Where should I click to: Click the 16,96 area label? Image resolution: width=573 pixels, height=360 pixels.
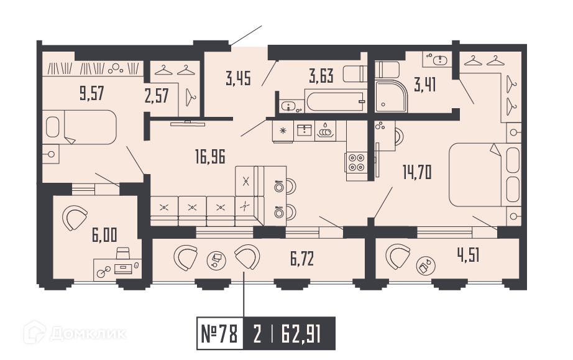tap(210, 157)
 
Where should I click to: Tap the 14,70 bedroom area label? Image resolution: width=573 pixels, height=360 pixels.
tap(417, 172)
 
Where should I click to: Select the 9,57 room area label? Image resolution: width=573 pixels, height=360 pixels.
tap(92, 93)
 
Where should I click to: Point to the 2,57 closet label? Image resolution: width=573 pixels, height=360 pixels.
tap(157, 96)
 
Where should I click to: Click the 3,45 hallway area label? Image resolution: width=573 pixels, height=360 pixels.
tap(238, 78)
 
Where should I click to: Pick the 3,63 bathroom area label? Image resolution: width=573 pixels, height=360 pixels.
tap(321, 76)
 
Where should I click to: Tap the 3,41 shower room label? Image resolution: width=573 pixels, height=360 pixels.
tap(425, 85)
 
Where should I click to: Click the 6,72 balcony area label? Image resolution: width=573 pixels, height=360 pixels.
tap(302, 259)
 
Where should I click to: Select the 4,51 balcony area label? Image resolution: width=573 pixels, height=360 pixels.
tap(468, 255)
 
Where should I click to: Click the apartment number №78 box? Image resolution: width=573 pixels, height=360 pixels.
tap(220, 333)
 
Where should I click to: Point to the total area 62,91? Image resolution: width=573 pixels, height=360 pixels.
tap(301, 334)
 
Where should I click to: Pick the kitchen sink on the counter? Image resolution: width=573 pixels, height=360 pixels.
tap(304, 131)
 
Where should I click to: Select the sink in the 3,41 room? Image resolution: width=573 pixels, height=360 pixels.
tap(441, 59)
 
